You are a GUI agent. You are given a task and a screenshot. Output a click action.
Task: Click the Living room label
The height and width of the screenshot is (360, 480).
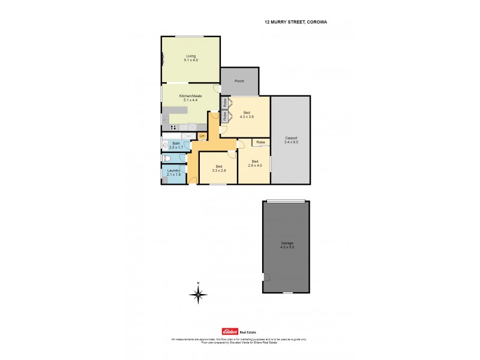190,58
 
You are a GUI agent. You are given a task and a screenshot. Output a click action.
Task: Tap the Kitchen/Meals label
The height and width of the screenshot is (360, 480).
190,98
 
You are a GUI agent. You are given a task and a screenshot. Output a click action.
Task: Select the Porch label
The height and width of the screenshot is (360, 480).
239,80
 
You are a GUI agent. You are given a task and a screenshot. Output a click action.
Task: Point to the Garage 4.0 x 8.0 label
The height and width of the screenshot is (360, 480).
287,245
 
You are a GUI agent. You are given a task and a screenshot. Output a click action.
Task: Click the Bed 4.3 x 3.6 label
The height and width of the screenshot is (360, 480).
247,115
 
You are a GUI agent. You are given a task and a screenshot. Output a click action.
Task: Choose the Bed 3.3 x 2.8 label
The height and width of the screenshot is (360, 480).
218,168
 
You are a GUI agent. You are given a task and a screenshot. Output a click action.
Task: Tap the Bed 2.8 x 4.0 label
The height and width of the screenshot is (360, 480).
255,164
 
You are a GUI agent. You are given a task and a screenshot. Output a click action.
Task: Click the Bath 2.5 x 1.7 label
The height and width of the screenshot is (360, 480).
176,145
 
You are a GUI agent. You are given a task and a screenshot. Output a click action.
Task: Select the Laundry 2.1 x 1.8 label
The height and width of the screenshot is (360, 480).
173,173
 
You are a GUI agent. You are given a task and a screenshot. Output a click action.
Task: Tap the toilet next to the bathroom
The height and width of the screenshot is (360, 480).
167,158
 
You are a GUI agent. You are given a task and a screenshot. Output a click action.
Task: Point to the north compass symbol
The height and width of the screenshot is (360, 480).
198,293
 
